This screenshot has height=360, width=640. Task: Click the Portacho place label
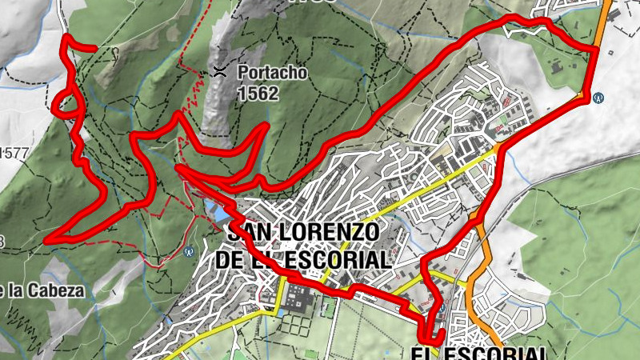[x=272, y=74]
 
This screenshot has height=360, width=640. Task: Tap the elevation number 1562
[x=258, y=94]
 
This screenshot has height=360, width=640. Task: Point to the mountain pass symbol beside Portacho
[x=219, y=72]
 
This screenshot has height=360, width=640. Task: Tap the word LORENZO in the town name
[x=328, y=233]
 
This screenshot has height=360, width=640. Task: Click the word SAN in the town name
[x=251, y=233]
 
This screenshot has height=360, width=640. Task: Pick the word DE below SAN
[x=233, y=259]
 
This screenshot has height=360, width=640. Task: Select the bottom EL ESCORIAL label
[x=480, y=353]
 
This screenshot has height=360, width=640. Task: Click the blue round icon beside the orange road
[x=598, y=97]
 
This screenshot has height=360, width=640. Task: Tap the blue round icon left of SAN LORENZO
[x=189, y=251]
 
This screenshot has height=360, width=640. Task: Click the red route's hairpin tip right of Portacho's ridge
[x=265, y=126]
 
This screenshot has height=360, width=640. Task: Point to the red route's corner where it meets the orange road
[x=596, y=50]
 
